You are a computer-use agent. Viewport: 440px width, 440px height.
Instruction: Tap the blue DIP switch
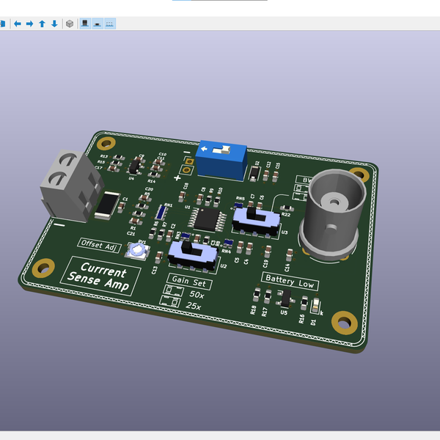pyautogui.click(x=220, y=158)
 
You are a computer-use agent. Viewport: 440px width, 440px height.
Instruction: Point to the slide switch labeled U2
pyautogui.click(x=192, y=254)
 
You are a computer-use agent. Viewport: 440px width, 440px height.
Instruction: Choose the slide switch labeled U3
pyautogui.click(x=255, y=219)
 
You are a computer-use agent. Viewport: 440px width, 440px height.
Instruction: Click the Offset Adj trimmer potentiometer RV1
pyautogui.click(x=137, y=252)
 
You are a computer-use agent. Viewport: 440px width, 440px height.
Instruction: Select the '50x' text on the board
pyautogui.click(x=197, y=294)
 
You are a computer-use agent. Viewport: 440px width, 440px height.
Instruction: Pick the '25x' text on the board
pyautogui.click(x=194, y=306)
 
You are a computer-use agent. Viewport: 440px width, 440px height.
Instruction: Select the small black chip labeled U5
pyautogui.click(x=286, y=299)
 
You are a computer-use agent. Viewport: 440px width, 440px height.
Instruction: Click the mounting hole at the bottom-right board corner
pyautogui.click(x=342, y=320)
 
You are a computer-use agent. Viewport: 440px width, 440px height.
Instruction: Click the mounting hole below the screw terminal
pyautogui.click(x=44, y=268)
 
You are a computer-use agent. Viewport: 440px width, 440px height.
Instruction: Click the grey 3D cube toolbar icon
pyautogui.click(x=70, y=23)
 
